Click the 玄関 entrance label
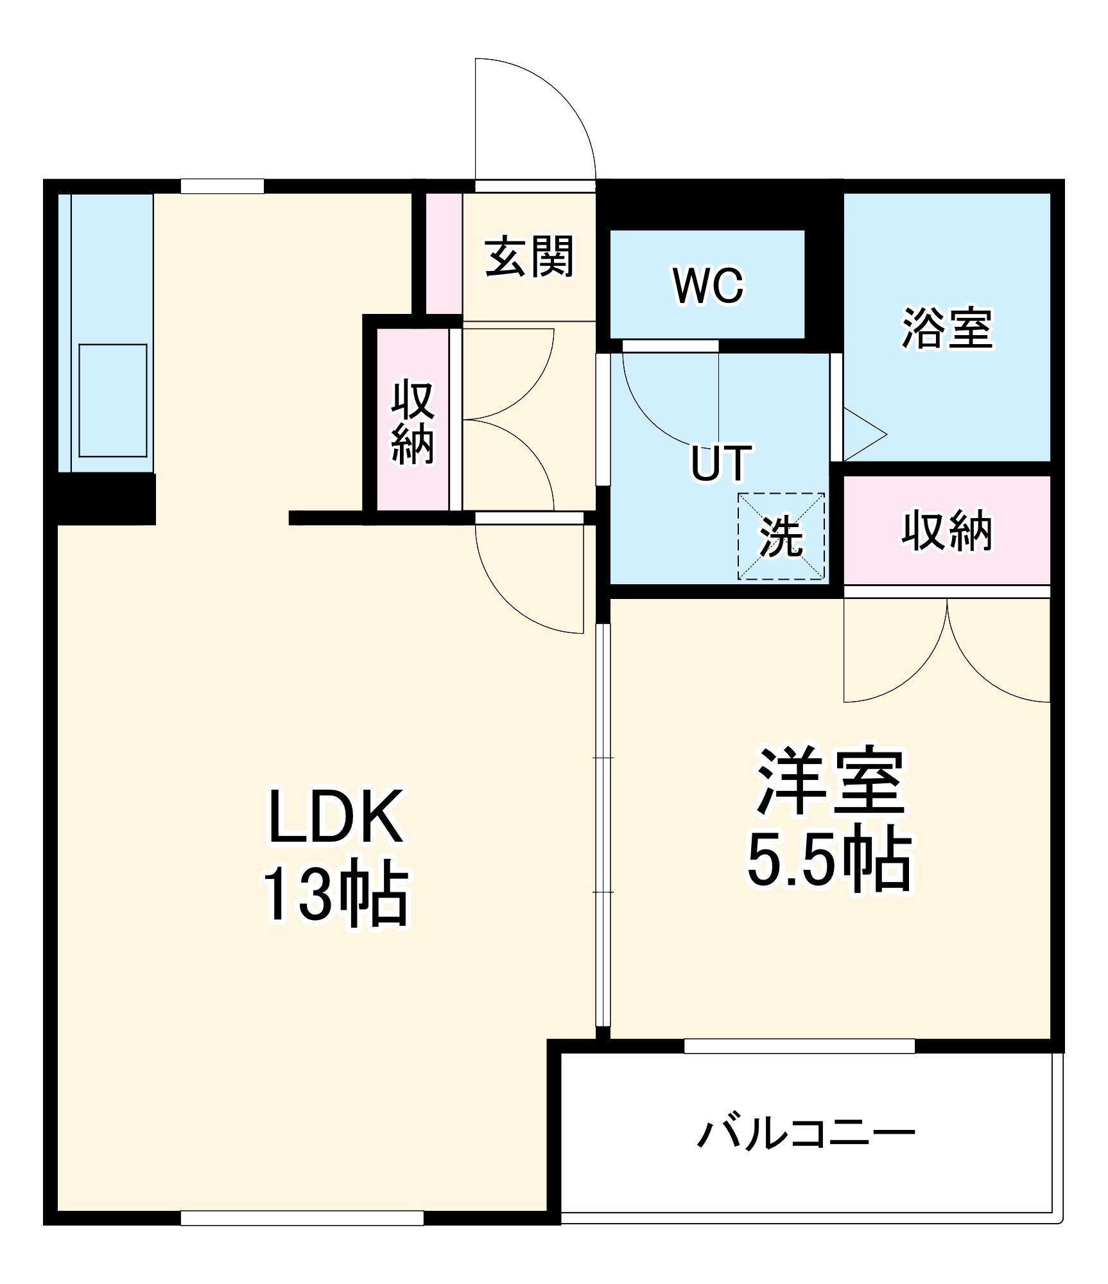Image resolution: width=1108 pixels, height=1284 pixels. (529, 257)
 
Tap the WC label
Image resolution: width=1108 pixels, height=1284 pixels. (708, 285)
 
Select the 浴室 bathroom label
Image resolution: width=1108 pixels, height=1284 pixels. (947, 328)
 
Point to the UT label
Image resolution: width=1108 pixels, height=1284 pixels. (721, 462)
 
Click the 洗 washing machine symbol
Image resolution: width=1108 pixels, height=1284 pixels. (781, 537)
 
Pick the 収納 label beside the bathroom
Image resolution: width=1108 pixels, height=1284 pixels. (947, 531)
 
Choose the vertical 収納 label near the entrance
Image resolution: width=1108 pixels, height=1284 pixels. (413, 421)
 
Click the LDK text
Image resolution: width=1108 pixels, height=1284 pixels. (336, 817)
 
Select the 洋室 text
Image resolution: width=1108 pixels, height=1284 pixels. (831, 781)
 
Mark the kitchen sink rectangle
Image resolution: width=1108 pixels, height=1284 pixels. (113, 401)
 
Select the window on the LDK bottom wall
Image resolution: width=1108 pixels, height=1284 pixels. (302, 1218)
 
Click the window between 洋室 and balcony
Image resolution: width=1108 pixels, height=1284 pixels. (799, 1046)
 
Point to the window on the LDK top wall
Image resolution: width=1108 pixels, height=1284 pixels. (222, 186)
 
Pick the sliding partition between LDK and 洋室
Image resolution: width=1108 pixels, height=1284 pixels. (603, 828)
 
